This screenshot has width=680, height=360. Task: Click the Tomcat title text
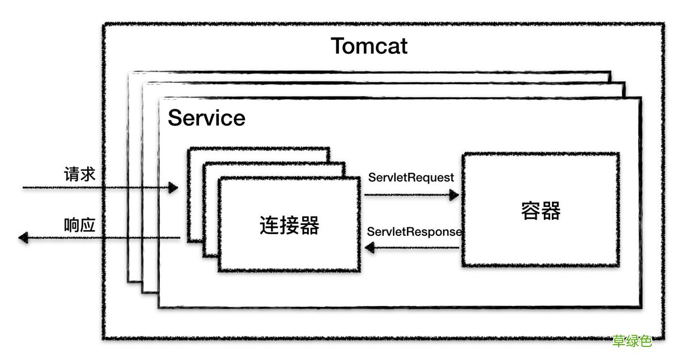[x=369, y=46]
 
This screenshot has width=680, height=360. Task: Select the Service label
[x=206, y=118]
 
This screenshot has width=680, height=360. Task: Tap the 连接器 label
[x=290, y=225]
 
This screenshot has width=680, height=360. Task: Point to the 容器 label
[x=541, y=211]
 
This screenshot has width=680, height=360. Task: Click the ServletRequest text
[x=411, y=177]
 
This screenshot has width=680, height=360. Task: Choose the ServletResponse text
[x=414, y=231]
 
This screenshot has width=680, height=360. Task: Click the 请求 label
[x=79, y=174]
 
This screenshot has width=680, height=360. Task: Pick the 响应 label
[x=79, y=225]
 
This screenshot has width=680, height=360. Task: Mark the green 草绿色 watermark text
[x=632, y=341]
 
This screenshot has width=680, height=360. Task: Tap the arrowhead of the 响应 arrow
[x=23, y=238]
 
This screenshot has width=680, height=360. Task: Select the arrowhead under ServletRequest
[x=454, y=195]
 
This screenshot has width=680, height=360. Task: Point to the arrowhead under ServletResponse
[x=369, y=247]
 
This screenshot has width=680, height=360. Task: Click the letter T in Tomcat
[x=338, y=46]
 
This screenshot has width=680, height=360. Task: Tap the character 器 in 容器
[x=551, y=211]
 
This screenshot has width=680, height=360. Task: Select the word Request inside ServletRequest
[x=433, y=177]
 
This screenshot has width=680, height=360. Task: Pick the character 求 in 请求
[x=88, y=174]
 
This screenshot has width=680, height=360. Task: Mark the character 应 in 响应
[x=88, y=225]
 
